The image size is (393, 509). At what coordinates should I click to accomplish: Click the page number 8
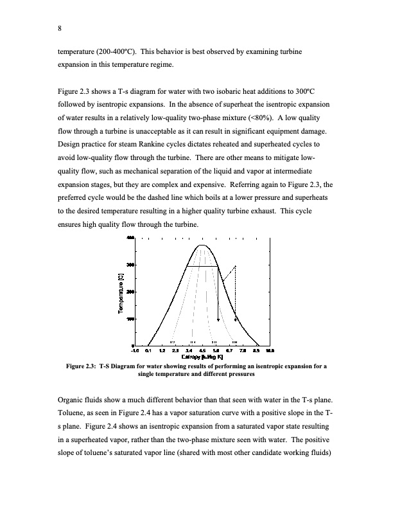(x=59, y=28)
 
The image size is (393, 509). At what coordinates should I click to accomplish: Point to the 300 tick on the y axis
(x=130, y=265)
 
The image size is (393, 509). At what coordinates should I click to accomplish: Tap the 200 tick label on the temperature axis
(x=130, y=292)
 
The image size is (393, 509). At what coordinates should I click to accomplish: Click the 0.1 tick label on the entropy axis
(x=149, y=351)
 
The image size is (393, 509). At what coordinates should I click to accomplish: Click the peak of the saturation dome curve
(x=202, y=246)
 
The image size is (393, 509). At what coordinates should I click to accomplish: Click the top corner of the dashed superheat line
(x=236, y=265)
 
